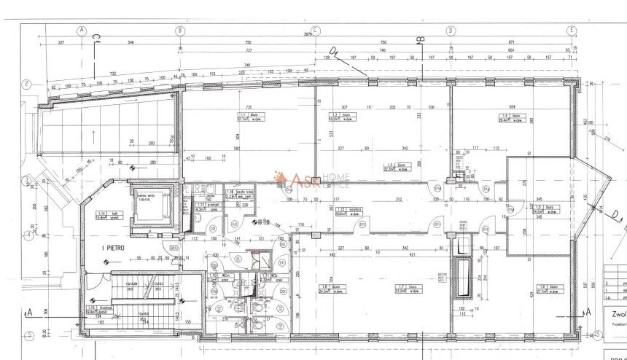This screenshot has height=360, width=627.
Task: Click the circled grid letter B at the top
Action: [x=179, y=30]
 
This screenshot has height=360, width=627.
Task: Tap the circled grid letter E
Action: [x=573, y=30]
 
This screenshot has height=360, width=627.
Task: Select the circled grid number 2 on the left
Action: [x=26, y=83]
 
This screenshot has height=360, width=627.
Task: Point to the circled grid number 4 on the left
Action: [x=26, y=235]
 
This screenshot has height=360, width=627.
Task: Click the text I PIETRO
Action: [x=106, y=248]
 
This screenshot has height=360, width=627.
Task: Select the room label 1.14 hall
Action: [x=103, y=214]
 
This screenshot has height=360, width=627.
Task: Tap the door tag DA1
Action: [x=175, y=249]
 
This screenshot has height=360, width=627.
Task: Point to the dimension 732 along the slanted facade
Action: [x=113, y=74]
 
